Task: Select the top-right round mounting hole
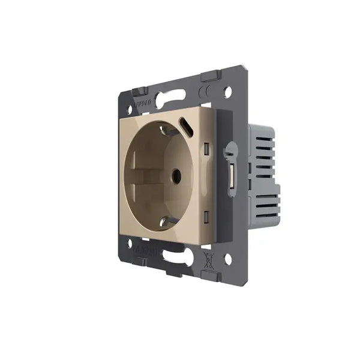coord(227,92)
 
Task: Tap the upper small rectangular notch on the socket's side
coord(206,148)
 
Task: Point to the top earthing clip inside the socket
coord(166,128)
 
